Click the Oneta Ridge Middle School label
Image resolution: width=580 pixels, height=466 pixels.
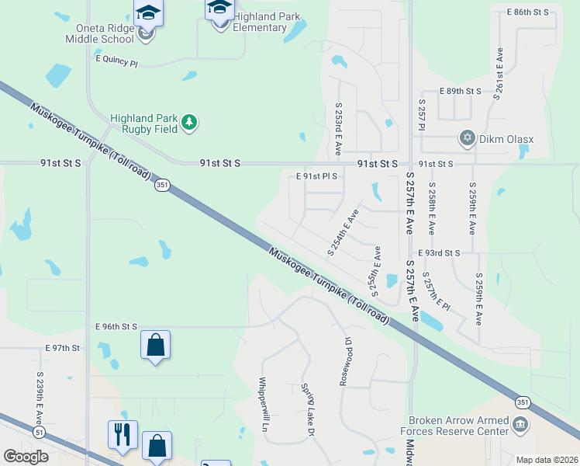pyautogui.click(x=100, y=33)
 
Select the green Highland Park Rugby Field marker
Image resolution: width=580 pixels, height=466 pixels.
pyautogui.click(x=189, y=122)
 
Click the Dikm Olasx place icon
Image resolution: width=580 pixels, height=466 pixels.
pyautogui.click(x=467, y=138)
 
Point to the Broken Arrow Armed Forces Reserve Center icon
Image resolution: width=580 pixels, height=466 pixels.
pyautogui.click(x=520, y=424)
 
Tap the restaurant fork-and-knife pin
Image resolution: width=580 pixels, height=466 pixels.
pyautogui.click(x=123, y=435)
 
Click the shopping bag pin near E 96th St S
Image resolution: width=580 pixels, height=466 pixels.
pyautogui.click(x=155, y=345)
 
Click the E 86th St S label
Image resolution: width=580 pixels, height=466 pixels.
pyautogui.click(x=527, y=12)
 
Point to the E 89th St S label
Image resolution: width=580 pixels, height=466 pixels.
pyautogui.click(x=460, y=92)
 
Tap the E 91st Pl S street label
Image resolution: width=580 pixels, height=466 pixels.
pyautogui.click(x=316, y=176)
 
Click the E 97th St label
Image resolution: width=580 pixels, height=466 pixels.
pyautogui.click(x=63, y=348)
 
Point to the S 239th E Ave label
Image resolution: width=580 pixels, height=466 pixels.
pyautogui.click(x=40, y=395)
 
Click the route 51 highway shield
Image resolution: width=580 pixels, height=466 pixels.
pyautogui.click(x=40, y=431)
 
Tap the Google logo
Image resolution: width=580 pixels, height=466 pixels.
pyautogui.click(x=26, y=456)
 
